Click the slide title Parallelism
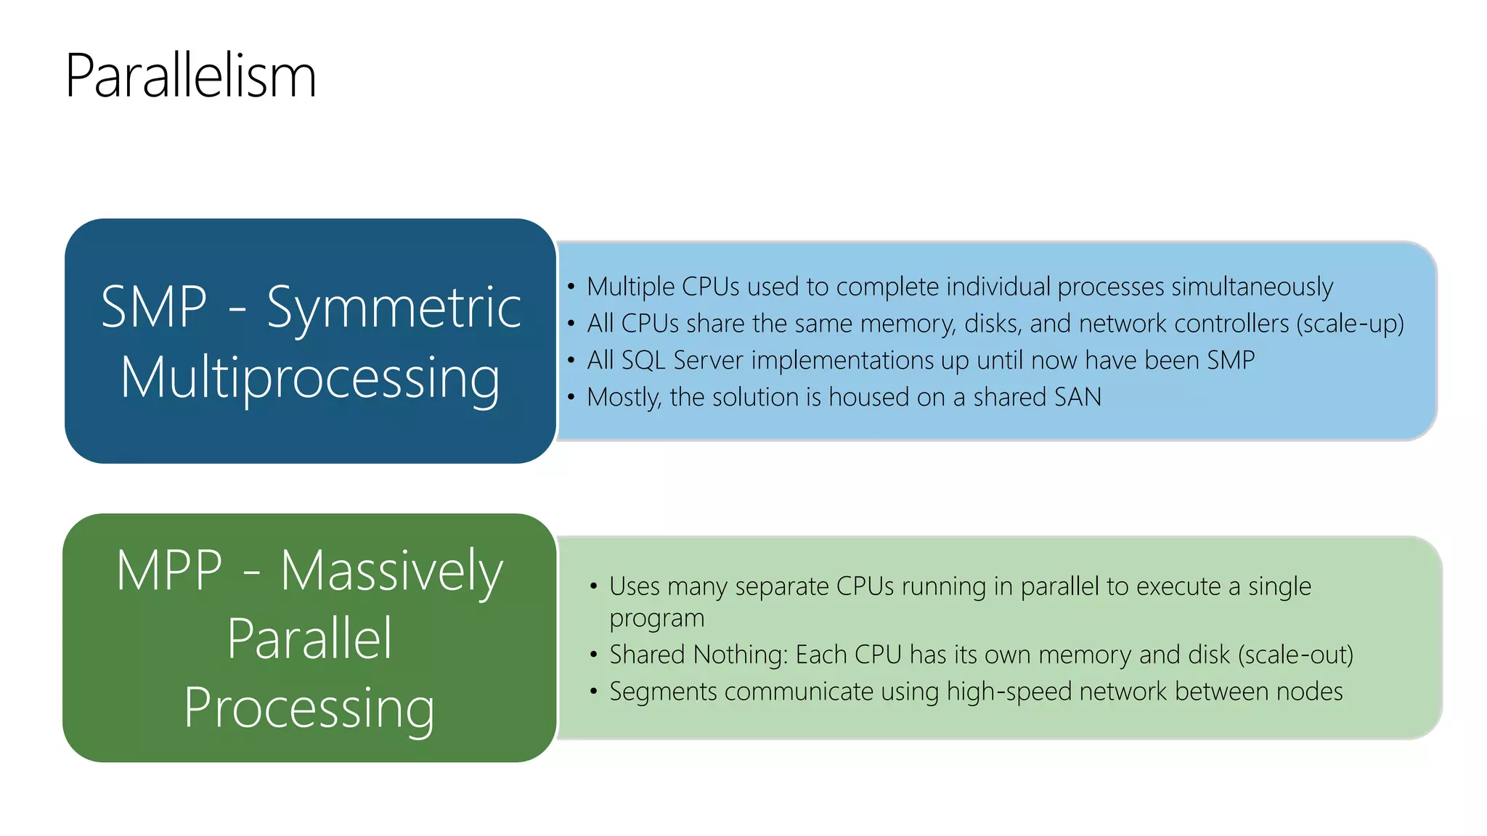[190, 75]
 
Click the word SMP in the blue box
[154, 307]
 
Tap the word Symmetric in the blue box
[394, 308]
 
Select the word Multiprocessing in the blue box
[310, 378]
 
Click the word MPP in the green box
[169, 571]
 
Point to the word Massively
[391, 571]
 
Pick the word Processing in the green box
[309, 708]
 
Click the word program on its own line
[656, 619]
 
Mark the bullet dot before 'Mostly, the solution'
[571, 397]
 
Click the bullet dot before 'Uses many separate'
[594, 586]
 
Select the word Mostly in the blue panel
[623, 398]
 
